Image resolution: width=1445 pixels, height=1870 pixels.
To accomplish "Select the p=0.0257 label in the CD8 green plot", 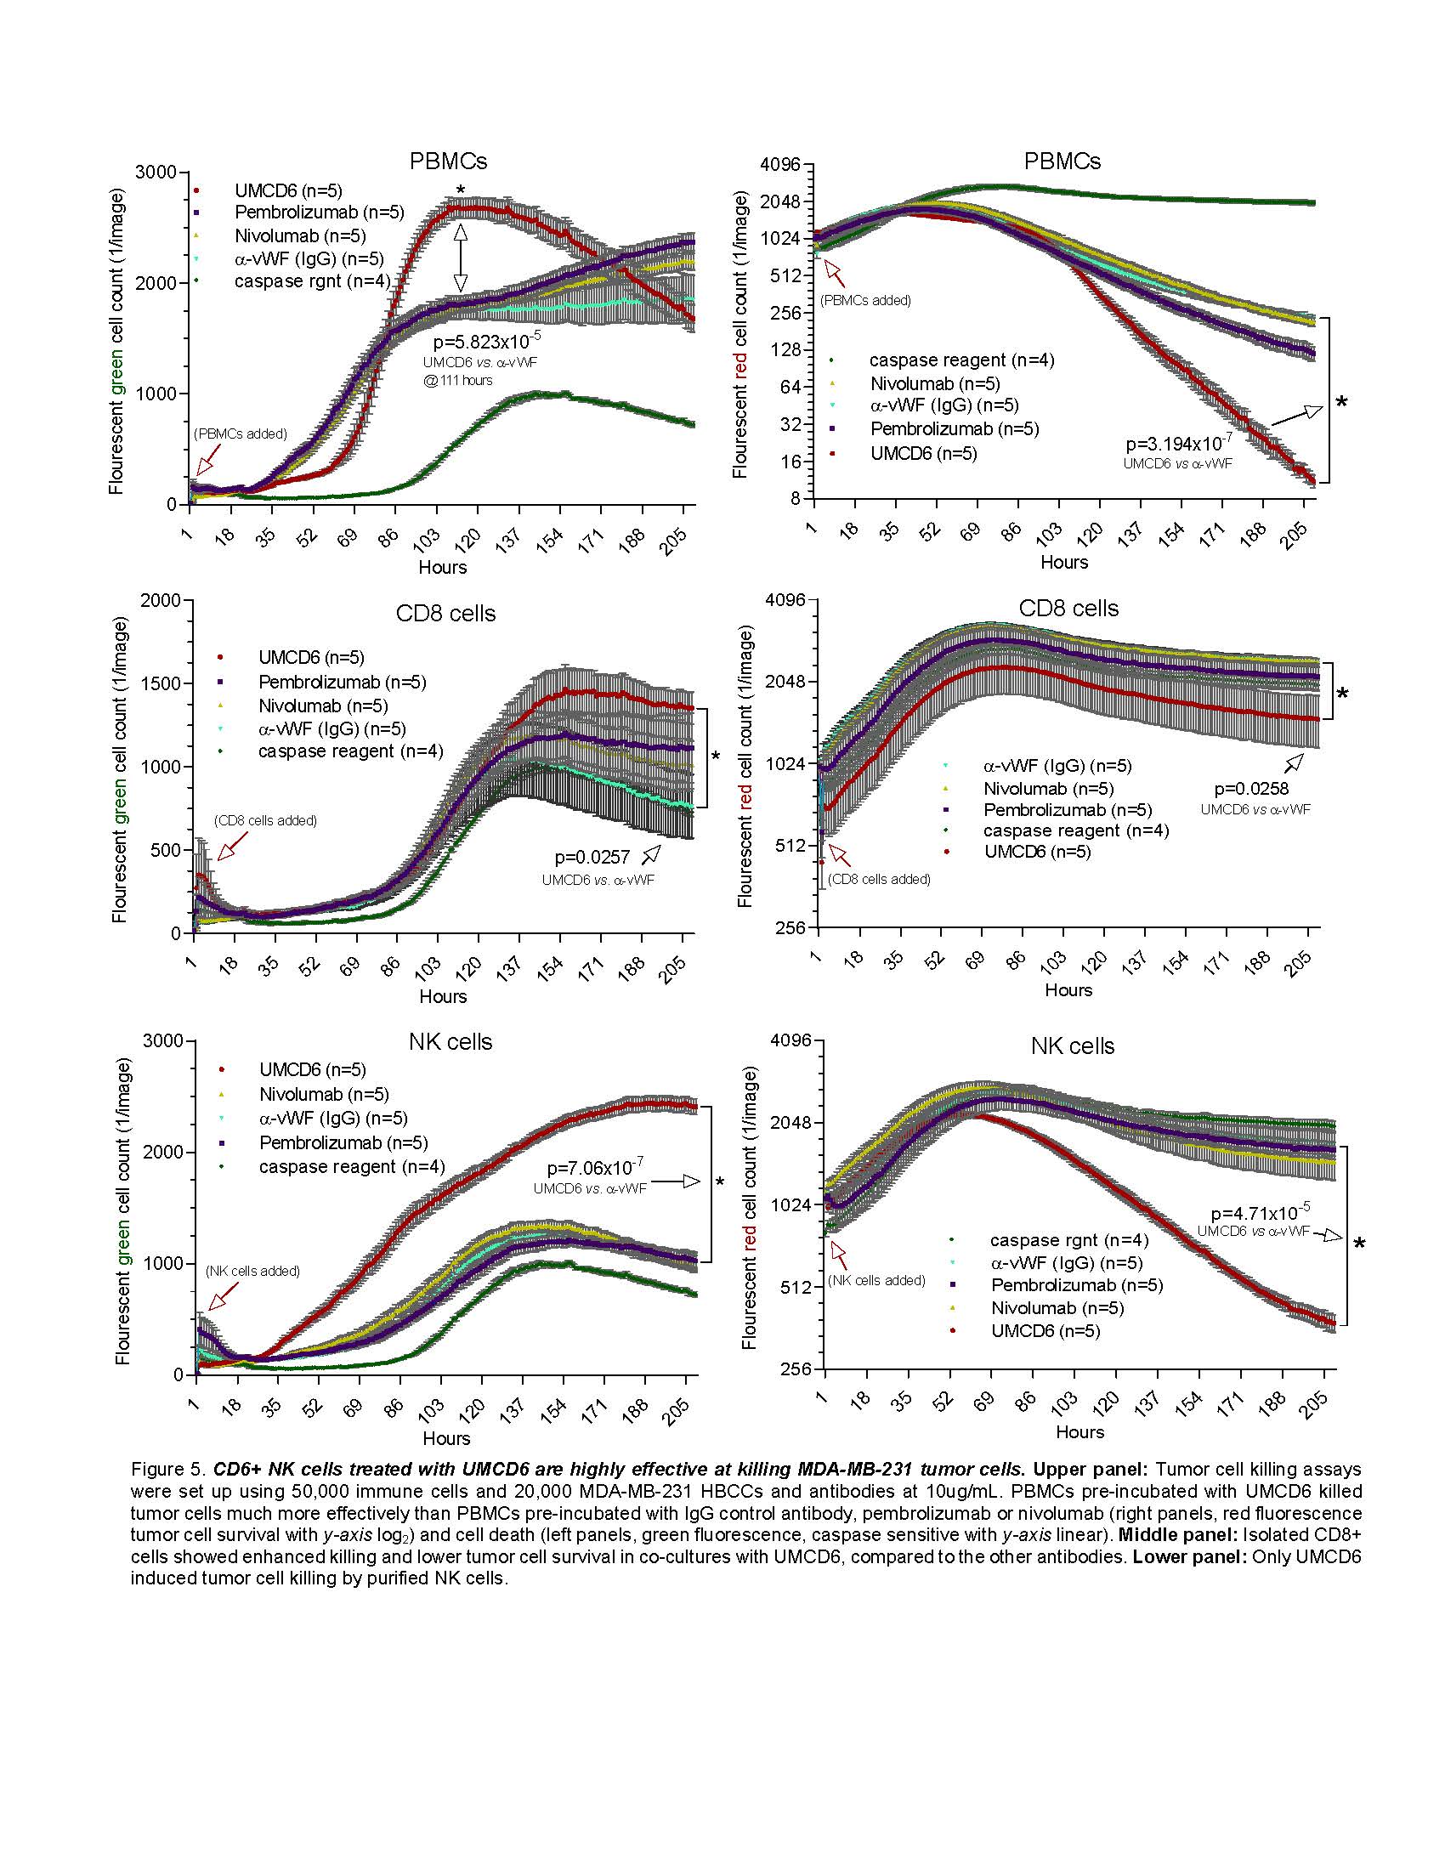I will pyautogui.click(x=592, y=857).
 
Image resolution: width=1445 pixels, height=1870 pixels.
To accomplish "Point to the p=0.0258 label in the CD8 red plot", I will pyautogui.click(x=1250, y=789).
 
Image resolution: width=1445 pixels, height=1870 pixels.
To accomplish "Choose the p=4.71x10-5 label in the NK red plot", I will pyautogui.click(x=1259, y=1213).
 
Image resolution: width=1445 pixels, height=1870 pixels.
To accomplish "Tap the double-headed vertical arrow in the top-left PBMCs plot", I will pyautogui.click(x=461, y=258).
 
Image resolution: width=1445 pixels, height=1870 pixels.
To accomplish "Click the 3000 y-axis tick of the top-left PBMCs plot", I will pyautogui.click(x=155, y=172).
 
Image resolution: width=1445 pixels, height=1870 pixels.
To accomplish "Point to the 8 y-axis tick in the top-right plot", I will pyautogui.click(x=796, y=498).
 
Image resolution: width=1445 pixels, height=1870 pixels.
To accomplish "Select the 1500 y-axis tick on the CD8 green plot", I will pyautogui.click(x=160, y=683).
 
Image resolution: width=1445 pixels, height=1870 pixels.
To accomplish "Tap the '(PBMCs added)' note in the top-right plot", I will pyautogui.click(x=864, y=301).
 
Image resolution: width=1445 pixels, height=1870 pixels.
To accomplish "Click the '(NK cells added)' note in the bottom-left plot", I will pyautogui.click(x=252, y=1271).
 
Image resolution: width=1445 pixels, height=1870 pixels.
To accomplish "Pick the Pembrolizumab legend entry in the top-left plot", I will pyautogui.click(x=319, y=212).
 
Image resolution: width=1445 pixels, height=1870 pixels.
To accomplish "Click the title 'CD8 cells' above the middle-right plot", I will pyautogui.click(x=1068, y=609).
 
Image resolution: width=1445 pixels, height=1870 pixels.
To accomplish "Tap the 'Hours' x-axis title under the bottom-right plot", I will pyautogui.click(x=1079, y=1431).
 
